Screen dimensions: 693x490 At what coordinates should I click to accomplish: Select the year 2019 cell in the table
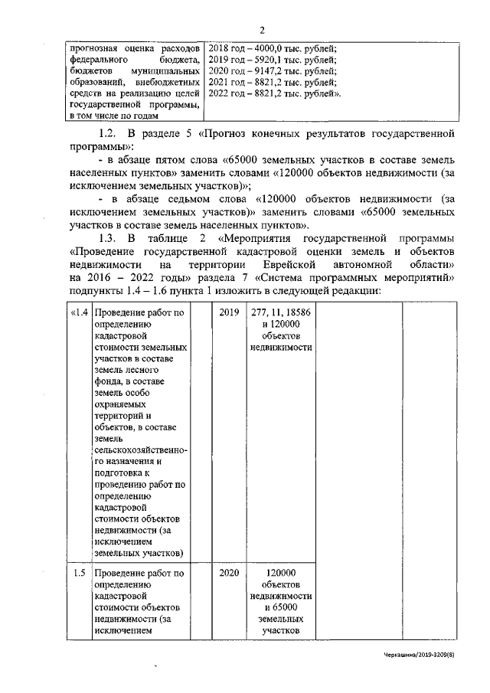click(x=228, y=312)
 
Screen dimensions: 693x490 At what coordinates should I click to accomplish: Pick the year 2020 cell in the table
click(x=228, y=573)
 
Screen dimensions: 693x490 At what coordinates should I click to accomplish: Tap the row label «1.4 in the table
click(x=78, y=312)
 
